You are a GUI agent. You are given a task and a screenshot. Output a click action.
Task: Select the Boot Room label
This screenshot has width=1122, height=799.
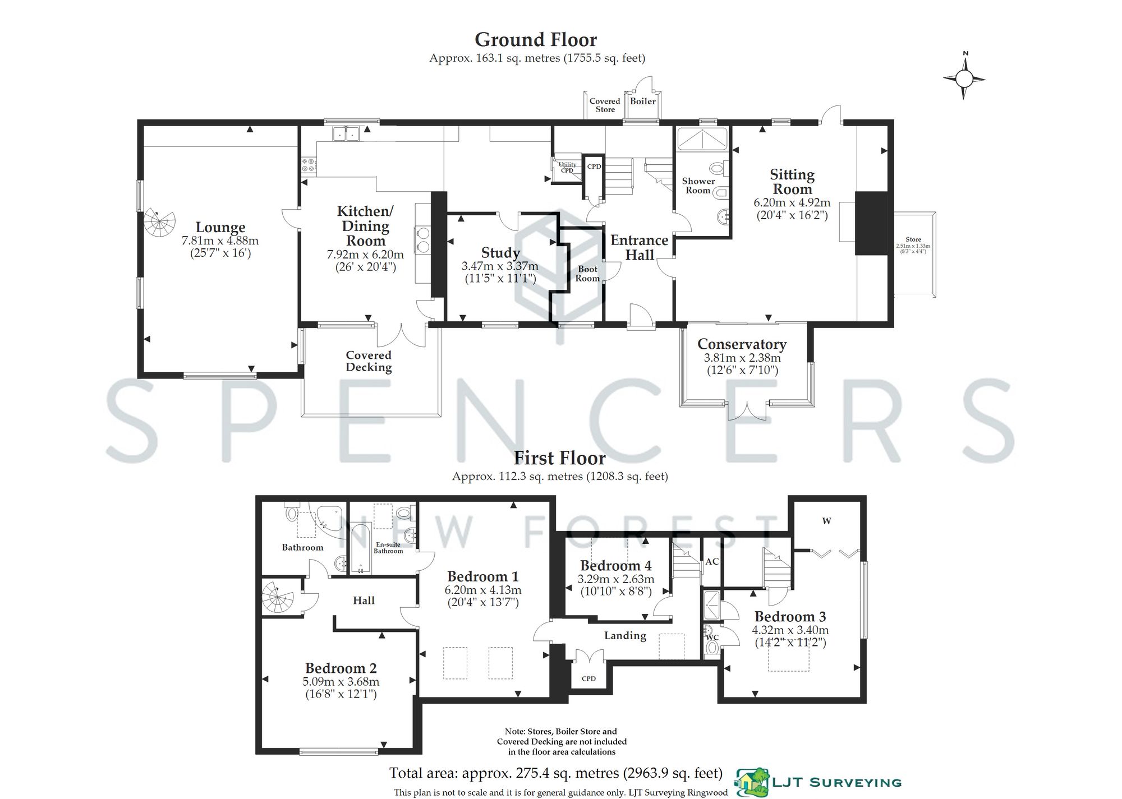tap(587, 274)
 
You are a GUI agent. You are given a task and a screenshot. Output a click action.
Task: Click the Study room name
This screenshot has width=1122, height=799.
tap(500, 253)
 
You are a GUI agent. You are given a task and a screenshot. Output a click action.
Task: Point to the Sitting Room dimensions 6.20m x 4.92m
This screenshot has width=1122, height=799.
tap(792, 203)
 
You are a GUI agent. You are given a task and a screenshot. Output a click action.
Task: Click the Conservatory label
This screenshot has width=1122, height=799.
tap(742, 344)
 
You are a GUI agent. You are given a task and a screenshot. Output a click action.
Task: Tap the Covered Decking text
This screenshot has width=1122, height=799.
tap(369, 361)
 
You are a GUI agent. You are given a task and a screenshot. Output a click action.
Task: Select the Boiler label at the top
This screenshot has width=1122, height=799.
tap(643, 101)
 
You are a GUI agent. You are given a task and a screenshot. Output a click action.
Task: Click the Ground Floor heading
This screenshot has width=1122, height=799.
tap(536, 40)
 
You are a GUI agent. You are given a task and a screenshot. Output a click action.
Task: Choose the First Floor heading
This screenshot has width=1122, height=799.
tap(559, 458)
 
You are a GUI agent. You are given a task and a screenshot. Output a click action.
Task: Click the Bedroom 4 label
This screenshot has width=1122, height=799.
tap(615, 565)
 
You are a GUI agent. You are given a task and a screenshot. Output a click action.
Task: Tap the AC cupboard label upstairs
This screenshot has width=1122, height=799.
tap(712, 561)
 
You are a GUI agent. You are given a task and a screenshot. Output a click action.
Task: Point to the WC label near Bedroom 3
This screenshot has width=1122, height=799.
tap(712, 638)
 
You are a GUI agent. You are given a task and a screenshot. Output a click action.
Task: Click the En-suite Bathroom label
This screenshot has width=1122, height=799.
tap(388, 548)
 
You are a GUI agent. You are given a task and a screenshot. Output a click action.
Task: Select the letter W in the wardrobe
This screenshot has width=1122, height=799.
tap(826, 521)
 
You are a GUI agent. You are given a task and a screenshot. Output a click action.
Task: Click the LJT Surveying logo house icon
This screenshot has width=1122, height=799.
tap(752, 782)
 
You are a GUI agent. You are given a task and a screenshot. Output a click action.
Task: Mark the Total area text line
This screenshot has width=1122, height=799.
tap(555, 773)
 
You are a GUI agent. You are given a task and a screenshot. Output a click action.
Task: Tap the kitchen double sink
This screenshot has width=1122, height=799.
tap(346, 133)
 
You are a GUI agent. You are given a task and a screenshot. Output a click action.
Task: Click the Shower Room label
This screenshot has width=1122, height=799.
tap(698, 186)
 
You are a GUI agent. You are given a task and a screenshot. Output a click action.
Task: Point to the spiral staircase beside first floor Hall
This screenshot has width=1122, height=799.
tap(278, 598)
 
